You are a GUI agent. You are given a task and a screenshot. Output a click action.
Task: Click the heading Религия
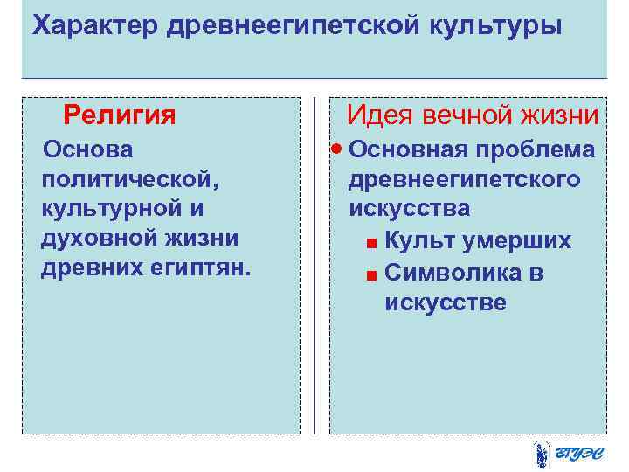tap(120, 115)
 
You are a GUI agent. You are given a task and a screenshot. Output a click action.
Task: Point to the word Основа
tap(89, 149)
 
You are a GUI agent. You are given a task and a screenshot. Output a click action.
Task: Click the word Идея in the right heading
tap(381, 115)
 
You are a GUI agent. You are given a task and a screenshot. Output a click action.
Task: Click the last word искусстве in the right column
tap(445, 303)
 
